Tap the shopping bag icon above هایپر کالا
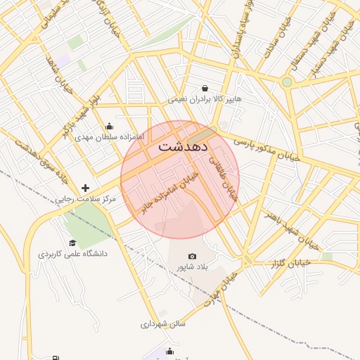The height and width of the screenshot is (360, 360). click(205, 89)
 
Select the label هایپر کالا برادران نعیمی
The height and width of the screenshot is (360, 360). click(205, 99)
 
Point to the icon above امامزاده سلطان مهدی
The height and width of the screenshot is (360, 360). click(109, 126)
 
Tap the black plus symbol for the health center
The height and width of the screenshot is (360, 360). click(86, 188)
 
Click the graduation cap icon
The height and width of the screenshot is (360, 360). click(72, 243)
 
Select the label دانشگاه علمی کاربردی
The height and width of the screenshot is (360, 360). click(72, 253)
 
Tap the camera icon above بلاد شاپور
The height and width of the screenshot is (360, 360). click(193, 257)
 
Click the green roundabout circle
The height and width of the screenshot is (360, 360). click(287, 82)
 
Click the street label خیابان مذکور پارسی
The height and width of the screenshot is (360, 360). click(266, 146)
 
